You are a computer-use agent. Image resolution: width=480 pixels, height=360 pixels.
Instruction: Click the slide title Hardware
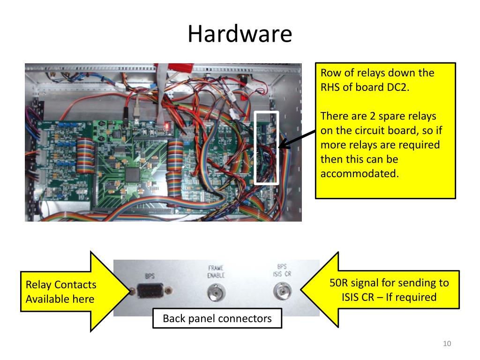tap(240, 35)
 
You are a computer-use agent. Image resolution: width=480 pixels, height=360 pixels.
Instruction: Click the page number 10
tap(447, 345)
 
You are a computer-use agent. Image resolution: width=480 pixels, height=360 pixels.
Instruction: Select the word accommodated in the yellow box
tap(360, 173)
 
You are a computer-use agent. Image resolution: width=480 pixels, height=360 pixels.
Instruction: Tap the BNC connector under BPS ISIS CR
tap(281, 294)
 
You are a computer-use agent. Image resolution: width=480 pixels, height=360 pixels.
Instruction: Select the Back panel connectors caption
tap(217, 319)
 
